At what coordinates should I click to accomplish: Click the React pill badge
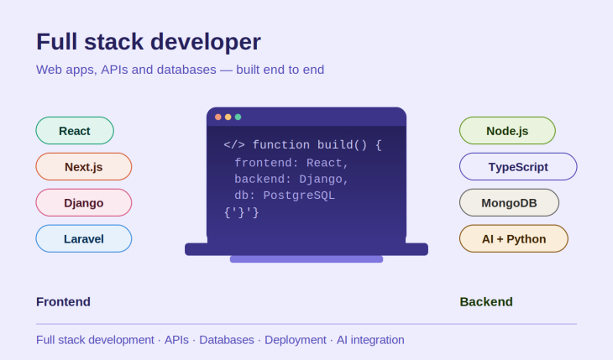pyautogui.click(x=75, y=131)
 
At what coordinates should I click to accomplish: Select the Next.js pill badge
pyautogui.click(x=84, y=166)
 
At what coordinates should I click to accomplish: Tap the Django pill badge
pyautogui.click(x=84, y=202)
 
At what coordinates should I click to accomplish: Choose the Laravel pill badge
pyautogui.click(x=84, y=238)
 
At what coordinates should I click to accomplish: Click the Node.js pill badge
pyautogui.click(x=507, y=131)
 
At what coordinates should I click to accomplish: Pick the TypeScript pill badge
pyautogui.click(x=518, y=166)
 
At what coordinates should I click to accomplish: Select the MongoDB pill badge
pyautogui.click(x=509, y=202)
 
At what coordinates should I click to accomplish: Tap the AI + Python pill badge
pyautogui.click(x=514, y=238)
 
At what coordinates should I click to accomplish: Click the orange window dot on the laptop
pyautogui.click(x=218, y=117)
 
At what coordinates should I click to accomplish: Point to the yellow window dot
pyautogui.click(x=228, y=117)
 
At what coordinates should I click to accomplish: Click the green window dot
pyautogui.click(x=238, y=117)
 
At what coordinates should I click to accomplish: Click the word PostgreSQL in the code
pyautogui.click(x=299, y=196)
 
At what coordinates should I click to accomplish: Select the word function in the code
pyautogui.click(x=281, y=145)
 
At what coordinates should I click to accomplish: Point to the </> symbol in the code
pyautogui.click(x=234, y=145)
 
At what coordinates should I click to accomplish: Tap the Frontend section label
pyautogui.click(x=63, y=302)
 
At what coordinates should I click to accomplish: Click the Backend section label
pyautogui.click(x=486, y=302)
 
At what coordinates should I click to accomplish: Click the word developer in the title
pyautogui.click(x=206, y=42)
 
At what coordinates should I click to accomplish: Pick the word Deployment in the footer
pyautogui.click(x=295, y=340)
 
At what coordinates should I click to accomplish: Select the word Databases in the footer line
pyautogui.click(x=227, y=340)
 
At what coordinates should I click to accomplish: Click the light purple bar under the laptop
pyautogui.click(x=306, y=259)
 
